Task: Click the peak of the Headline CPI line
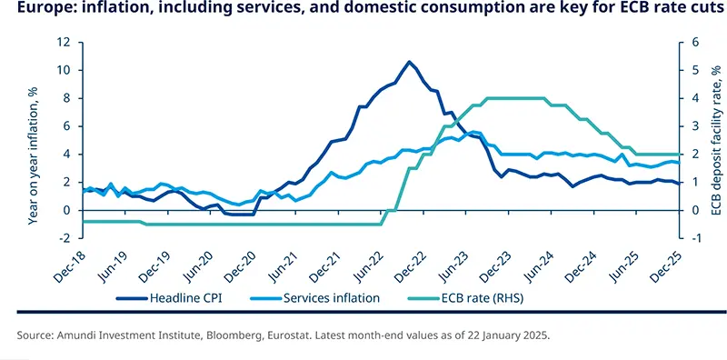[409, 62]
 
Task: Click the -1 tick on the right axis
[692, 238]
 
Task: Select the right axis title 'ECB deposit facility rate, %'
[715, 140]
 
